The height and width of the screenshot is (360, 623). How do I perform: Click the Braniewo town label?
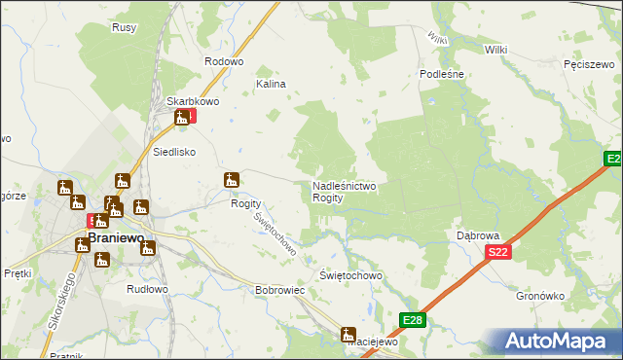tap(117, 236)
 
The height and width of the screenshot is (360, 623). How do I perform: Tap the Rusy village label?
tap(124, 27)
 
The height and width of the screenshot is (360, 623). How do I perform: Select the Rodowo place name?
tap(223, 60)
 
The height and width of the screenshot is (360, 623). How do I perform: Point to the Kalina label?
tap(271, 84)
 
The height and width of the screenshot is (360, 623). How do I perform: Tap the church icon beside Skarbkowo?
tap(181, 118)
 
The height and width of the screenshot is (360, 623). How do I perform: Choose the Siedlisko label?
tap(175, 152)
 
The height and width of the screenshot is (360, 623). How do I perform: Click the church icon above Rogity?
tap(231, 180)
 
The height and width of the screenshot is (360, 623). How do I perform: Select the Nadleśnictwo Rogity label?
tap(344, 191)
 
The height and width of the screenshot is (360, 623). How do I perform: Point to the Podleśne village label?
tap(440, 74)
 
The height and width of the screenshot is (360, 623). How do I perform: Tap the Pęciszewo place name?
tap(586, 64)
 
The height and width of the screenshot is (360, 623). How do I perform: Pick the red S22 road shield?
tap(497, 253)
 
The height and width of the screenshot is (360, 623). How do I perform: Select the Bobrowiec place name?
tap(280, 290)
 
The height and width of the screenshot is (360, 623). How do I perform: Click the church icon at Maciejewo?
tap(348, 335)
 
